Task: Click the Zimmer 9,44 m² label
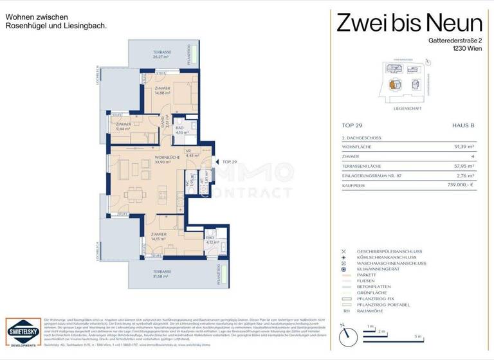[123, 126]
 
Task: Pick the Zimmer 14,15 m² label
[158, 237]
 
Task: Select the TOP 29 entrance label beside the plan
[230, 162]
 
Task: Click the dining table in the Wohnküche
[134, 194]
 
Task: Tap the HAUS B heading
[462, 125]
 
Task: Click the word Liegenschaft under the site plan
[408, 109]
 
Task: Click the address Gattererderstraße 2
[446, 40]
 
